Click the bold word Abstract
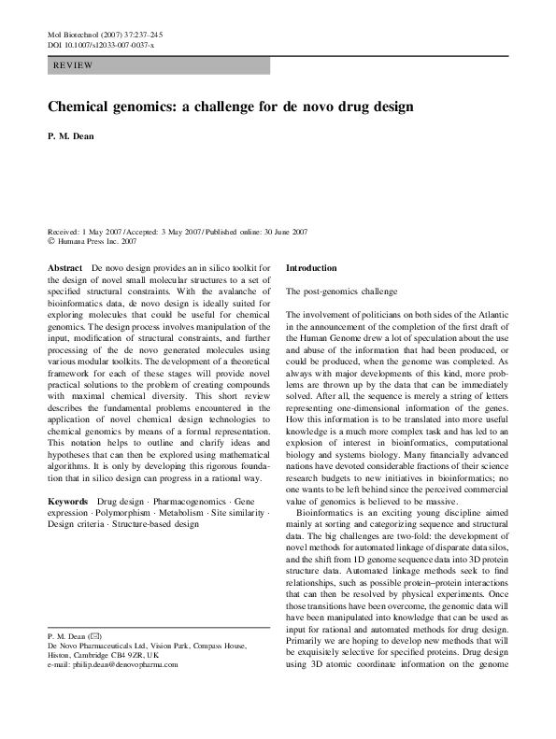tap(65, 267)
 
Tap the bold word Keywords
tap(69, 502)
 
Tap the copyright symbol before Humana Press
tap(50, 240)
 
